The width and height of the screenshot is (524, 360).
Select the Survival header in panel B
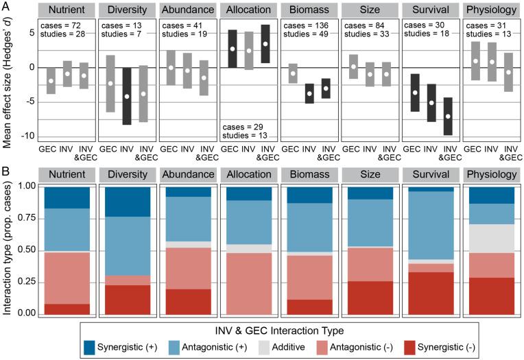point(429,175)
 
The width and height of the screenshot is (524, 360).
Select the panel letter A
point(5,5)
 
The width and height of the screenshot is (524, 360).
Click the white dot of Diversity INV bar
point(126,96)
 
